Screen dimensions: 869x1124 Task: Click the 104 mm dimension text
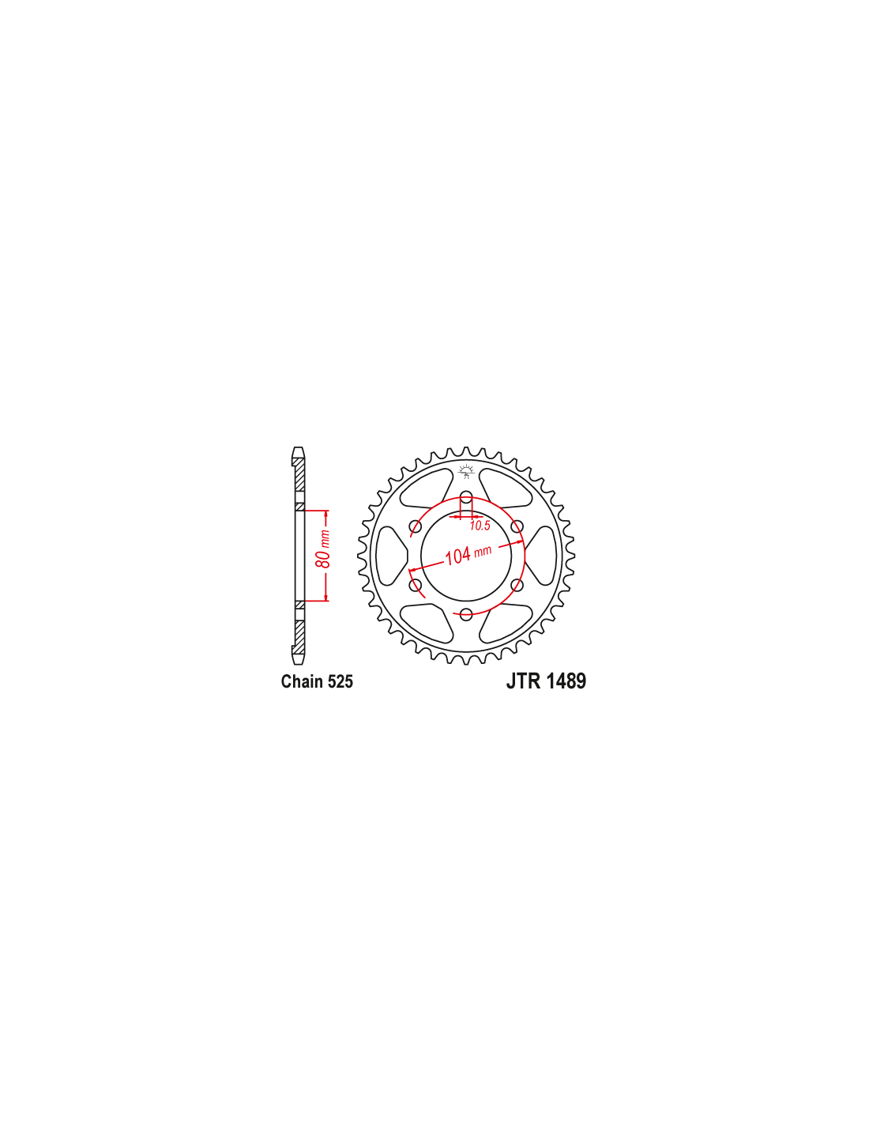coord(468,554)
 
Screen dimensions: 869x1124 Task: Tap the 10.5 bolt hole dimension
coord(480,526)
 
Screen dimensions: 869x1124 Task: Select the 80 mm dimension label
coord(324,549)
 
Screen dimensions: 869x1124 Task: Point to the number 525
coord(340,681)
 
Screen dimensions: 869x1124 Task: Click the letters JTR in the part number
coord(523,681)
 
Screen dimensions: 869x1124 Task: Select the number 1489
coord(566,681)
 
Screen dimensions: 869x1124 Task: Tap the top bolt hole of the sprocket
coord(466,497)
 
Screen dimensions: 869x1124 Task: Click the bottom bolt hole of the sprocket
coord(466,614)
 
